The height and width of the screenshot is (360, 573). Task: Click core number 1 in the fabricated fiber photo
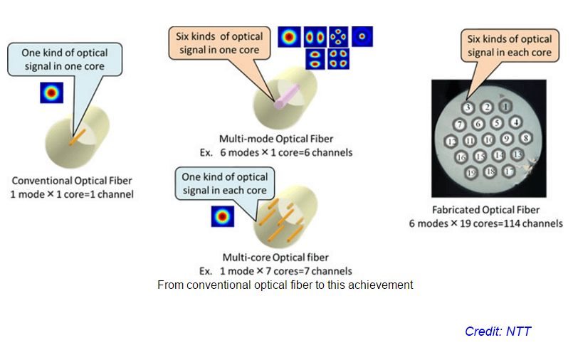pyautogui.click(x=506, y=107)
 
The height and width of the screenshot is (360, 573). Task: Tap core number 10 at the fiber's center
pyautogui.click(x=488, y=139)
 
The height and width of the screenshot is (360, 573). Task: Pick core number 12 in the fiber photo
pyautogui.click(x=451, y=141)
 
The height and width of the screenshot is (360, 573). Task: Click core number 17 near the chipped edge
pyautogui.click(x=508, y=171)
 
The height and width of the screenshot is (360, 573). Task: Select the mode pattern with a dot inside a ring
pyautogui.click(x=362, y=36)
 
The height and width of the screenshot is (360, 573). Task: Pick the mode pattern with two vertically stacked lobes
pyautogui.click(x=314, y=59)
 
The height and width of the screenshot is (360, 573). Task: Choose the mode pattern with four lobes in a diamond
pyautogui.click(x=338, y=36)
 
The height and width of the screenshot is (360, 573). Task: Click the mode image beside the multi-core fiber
pyautogui.click(x=222, y=216)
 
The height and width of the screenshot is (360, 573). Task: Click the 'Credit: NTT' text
pyautogui.click(x=498, y=332)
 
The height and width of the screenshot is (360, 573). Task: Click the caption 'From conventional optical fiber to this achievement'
pyautogui.click(x=285, y=285)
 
